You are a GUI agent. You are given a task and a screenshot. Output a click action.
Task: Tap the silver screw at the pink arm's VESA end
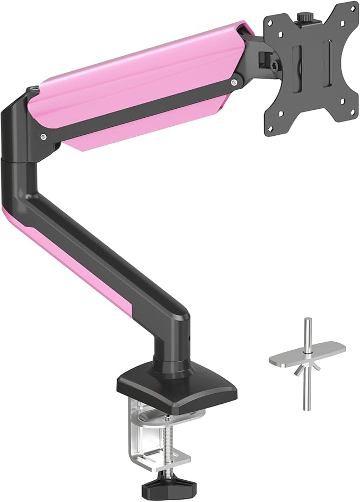coord(234,82)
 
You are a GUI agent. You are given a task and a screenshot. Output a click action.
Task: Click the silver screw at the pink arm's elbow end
coord(42,136)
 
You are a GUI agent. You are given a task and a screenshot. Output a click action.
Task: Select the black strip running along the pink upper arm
coord(138,109)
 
